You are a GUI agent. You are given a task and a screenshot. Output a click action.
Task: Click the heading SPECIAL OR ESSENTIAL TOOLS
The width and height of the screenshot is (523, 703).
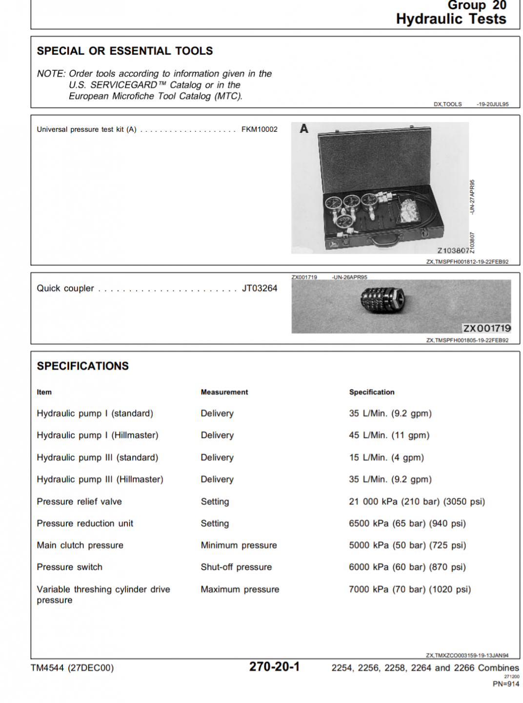(x=125, y=51)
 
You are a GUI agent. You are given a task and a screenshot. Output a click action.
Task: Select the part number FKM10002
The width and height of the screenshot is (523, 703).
(x=259, y=129)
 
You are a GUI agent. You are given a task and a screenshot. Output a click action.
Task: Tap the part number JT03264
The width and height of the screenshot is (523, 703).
(x=260, y=288)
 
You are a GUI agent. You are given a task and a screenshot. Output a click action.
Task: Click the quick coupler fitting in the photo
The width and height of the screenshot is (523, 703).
(x=382, y=301)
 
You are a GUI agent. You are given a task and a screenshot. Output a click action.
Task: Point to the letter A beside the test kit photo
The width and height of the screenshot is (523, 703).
(x=304, y=128)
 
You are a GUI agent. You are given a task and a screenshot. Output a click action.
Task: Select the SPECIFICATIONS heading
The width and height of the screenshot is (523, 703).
(x=83, y=366)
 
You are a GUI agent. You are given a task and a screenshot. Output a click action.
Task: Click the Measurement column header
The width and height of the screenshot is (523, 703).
(x=224, y=392)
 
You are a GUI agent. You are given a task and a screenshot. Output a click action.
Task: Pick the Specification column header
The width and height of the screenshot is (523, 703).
(x=372, y=392)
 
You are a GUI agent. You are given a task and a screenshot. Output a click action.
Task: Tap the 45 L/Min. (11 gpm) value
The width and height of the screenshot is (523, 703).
(x=389, y=435)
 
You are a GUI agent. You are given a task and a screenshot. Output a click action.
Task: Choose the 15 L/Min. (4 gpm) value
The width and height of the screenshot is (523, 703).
(x=386, y=457)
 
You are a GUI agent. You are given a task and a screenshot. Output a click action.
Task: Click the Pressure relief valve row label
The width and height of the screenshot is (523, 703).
(x=80, y=501)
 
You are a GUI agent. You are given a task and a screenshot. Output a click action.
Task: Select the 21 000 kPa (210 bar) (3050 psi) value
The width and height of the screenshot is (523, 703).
(x=417, y=501)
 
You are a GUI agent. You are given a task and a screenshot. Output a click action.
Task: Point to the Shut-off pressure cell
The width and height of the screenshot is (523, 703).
(x=236, y=567)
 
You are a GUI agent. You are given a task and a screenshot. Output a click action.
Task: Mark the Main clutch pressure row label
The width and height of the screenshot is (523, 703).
(x=80, y=545)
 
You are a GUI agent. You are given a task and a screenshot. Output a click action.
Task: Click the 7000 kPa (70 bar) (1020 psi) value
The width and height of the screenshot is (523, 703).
(x=410, y=589)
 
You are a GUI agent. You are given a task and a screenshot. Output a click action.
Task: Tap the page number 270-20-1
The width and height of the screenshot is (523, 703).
(x=274, y=666)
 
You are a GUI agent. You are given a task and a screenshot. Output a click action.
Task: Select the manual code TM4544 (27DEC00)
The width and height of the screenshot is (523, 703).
(x=72, y=668)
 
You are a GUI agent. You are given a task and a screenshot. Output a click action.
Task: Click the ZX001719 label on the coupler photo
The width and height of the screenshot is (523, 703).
(x=486, y=328)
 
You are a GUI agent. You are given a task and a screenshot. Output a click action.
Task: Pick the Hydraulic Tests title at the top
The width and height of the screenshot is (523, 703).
(x=451, y=19)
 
